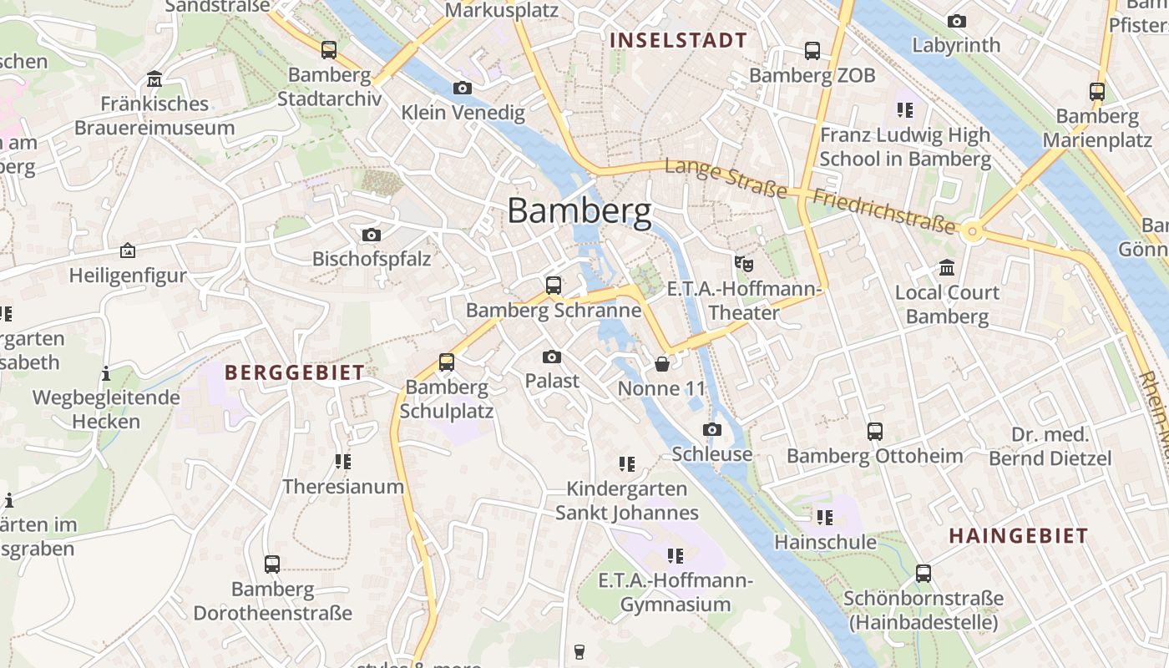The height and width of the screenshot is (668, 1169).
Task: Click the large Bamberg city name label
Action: click(x=579, y=211)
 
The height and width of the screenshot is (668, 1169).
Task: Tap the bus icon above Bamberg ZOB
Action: click(x=812, y=51)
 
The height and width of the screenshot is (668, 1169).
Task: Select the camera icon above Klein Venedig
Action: click(x=462, y=88)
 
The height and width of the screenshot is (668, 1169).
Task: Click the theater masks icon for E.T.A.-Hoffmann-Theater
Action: click(x=743, y=264)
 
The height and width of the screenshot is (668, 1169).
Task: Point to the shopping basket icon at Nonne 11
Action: click(x=661, y=364)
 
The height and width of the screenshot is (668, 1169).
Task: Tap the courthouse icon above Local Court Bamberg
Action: click(x=947, y=268)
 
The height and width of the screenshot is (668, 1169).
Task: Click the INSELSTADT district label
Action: click(x=678, y=40)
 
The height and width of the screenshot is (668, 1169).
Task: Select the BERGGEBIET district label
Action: click(x=295, y=373)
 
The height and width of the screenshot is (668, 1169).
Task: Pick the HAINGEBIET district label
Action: click(x=1018, y=536)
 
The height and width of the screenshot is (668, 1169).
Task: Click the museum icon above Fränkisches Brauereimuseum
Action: click(x=154, y=79)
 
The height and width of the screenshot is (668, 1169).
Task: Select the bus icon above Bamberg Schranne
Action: click(x=553, y=286)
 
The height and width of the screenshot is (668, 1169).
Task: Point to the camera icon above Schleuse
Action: click(x=711, y=429)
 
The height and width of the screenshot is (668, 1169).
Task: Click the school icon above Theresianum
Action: click(x=342, y=461)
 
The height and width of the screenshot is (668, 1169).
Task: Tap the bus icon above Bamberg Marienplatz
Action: click(x=1096, y=92)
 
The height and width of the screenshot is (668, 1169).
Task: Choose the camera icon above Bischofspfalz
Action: click(x=372, y=235)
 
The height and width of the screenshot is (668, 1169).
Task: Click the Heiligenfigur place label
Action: click(x=128, y=276)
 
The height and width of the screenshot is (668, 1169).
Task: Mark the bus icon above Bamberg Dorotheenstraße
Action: click(x=272, y=564)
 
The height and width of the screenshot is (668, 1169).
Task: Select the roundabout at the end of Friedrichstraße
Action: click(x=971, y=231)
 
